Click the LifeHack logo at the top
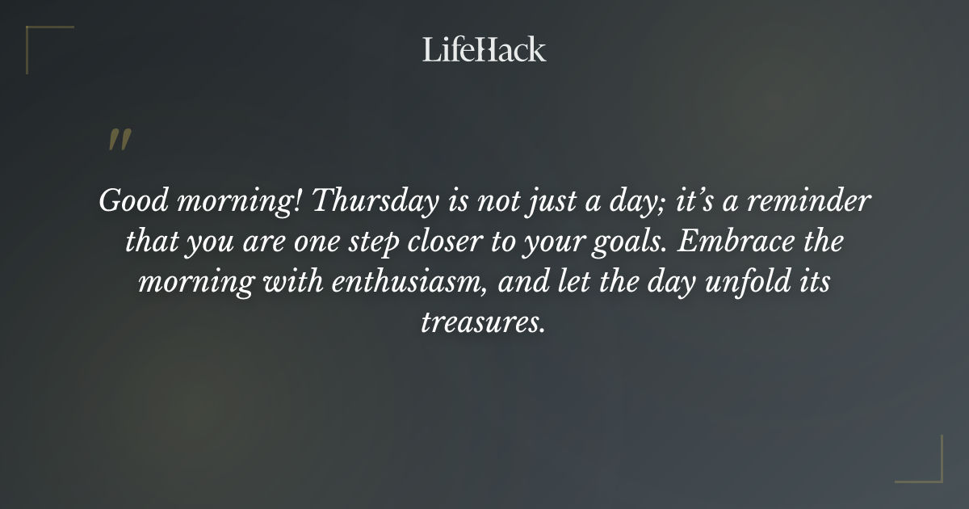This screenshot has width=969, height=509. tap(484, 50)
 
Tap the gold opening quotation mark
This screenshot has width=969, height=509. tap(119, 141)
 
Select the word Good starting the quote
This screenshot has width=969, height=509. tap(128, 200)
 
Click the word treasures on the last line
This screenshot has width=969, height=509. tap(484, 324)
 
